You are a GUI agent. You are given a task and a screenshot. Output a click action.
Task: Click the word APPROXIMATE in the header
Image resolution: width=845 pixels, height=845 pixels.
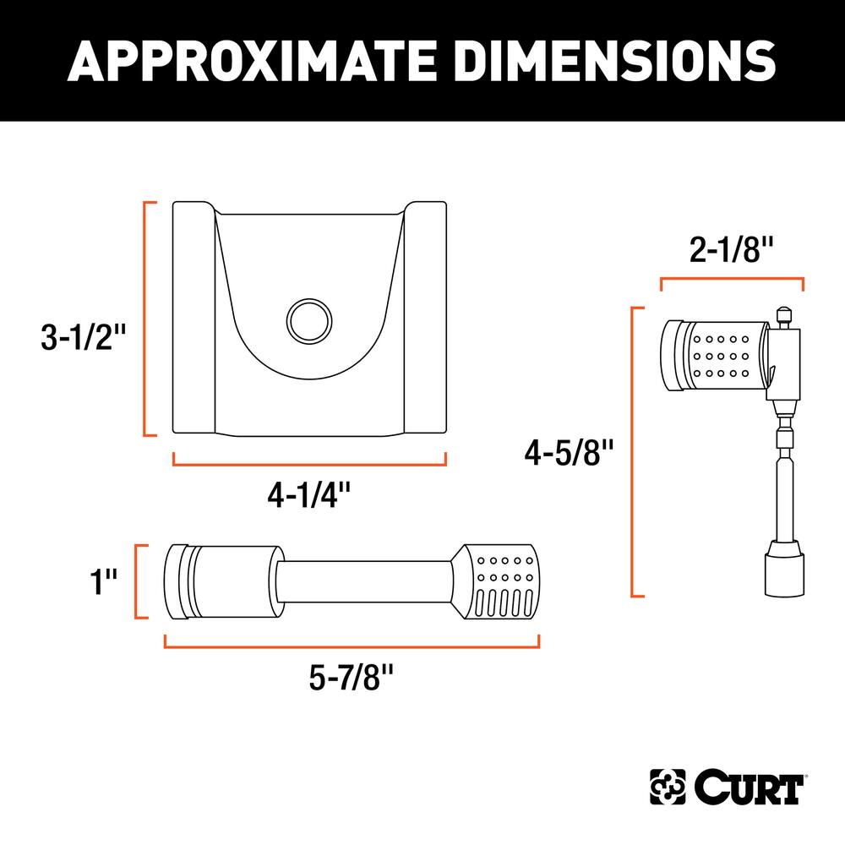[252, 61]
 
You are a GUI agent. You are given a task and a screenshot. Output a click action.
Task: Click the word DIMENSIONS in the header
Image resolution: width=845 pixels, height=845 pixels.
[616, 61]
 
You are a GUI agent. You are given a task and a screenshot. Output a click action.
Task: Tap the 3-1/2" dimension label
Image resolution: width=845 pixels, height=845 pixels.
[83, 337]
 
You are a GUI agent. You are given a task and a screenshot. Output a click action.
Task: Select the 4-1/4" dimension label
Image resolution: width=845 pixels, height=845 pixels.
[309, 494]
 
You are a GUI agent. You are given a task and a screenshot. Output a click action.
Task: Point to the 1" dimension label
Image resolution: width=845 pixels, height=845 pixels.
[103, 581]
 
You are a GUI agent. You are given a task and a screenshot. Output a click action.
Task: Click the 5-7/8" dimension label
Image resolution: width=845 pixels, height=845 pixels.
[352, 677]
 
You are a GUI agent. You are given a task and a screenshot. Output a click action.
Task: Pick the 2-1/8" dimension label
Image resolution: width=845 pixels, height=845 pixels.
[731, 250]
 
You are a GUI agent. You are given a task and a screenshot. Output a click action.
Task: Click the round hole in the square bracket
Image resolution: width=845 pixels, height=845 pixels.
[309, 321]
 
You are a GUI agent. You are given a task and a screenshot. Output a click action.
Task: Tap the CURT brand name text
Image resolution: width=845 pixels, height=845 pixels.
[748, 788]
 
